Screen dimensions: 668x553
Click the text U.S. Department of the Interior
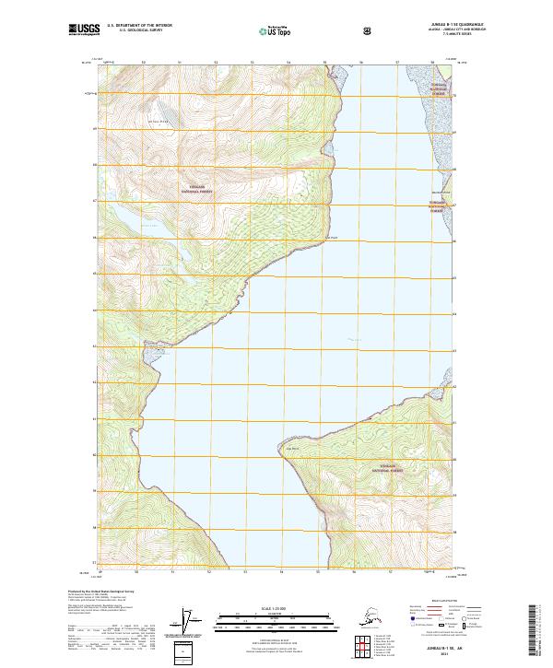[141, 27]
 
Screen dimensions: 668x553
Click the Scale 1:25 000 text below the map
[276, 609]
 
